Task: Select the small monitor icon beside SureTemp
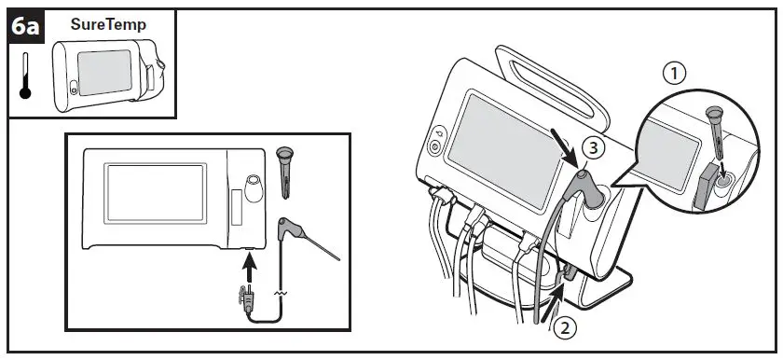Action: click(x=108, y=74)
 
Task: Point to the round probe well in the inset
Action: click(x=253, y=181)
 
